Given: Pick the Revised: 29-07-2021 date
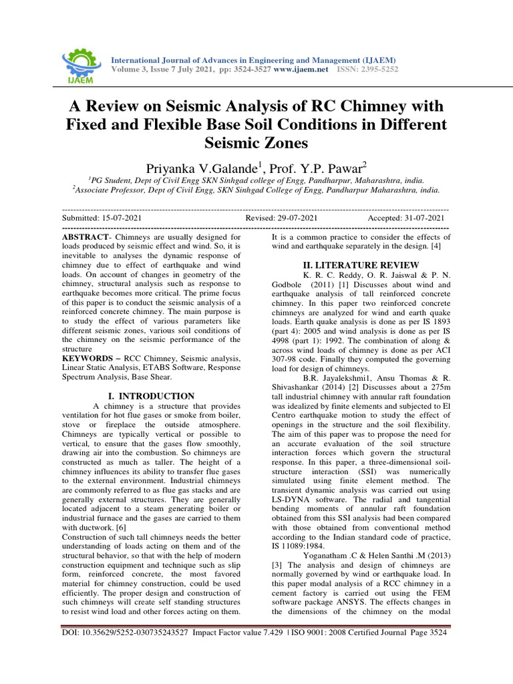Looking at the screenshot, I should (281, 218).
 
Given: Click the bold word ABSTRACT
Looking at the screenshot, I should (84, 237).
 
